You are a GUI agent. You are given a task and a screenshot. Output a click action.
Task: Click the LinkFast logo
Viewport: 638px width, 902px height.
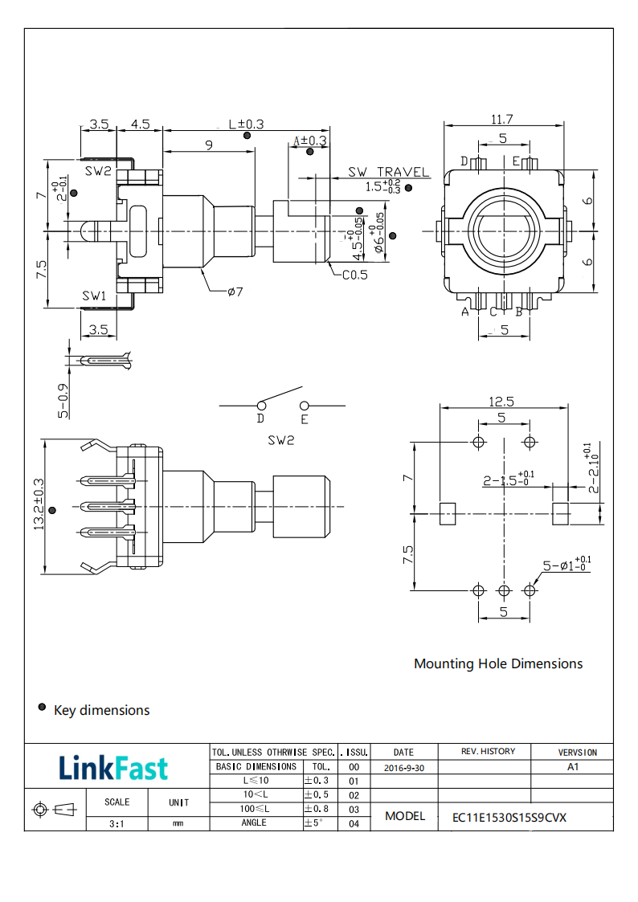click(113, 769)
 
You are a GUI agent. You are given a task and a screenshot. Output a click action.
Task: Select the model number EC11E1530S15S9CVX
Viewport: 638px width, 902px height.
click(509, 818)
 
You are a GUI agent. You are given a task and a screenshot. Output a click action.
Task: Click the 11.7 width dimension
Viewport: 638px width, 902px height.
click(503, 119)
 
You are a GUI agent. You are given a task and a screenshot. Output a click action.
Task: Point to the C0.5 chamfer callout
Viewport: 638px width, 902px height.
click(354, 275)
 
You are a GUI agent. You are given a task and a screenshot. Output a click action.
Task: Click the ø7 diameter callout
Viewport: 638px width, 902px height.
click(235, 291)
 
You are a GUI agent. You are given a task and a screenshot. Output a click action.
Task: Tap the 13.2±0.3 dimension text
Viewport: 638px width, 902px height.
click(37, 504)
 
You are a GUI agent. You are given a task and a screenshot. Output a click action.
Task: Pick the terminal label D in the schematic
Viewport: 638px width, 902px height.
click(260, 419)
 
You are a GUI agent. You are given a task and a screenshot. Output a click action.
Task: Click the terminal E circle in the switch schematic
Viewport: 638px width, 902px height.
click(304, 406)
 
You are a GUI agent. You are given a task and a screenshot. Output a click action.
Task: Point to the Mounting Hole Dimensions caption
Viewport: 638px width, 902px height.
click(498, 663)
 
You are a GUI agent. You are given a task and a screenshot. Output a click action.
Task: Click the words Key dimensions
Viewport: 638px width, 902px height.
click(101, 710)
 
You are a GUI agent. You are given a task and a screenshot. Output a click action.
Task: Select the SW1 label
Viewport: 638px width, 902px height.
click(95, 296)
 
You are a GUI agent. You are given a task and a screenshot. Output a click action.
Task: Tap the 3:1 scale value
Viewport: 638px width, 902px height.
click(117, 823)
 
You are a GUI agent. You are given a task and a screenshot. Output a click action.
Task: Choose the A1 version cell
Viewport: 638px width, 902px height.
click(573, 767)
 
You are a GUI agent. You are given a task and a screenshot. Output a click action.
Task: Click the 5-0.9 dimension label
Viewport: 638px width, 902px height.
click(63, 399)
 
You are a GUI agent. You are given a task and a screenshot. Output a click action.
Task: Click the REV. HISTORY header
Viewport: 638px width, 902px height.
click(488, 752)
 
